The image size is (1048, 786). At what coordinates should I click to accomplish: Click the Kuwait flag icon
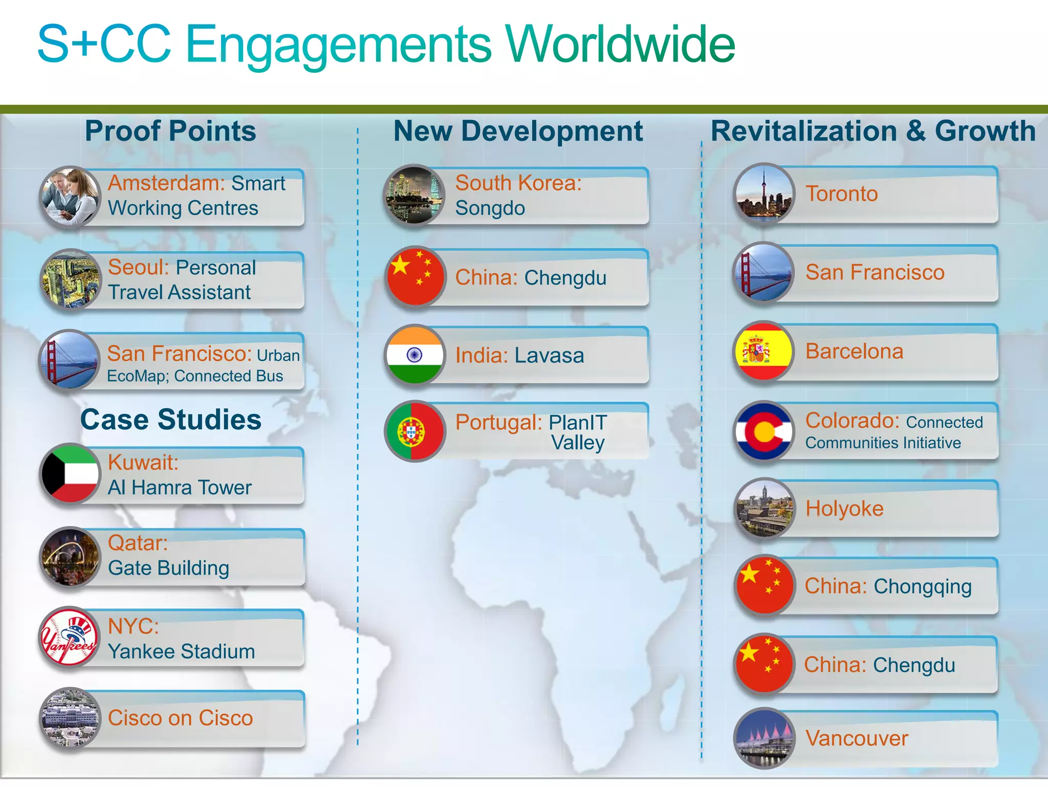tap(70, 474)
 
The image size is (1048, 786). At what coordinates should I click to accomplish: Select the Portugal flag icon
tap(415, 431)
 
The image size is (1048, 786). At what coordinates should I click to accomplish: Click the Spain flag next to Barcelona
tap(764, 351)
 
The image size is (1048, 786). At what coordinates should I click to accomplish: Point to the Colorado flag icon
tap(764, 430)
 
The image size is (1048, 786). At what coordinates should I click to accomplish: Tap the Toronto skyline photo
tap(764, 193)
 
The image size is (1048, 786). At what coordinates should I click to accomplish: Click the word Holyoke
tap(844, 509)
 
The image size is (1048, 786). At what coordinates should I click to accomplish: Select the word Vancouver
tap(857, 738)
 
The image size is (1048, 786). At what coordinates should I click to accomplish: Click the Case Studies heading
tap(171, 420)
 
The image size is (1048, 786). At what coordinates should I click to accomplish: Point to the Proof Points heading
tap(170, 131)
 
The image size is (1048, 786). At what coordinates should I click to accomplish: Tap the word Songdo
tap(490, 208)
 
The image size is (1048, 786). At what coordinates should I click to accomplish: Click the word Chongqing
tap(922, 586)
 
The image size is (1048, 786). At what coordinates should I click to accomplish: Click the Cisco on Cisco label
tap(180, 718)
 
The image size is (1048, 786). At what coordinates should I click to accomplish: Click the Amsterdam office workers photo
tap(70, 196)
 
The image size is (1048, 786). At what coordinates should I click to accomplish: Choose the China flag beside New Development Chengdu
tap(415, 277)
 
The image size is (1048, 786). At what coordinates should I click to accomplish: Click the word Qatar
tap(137, 543)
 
